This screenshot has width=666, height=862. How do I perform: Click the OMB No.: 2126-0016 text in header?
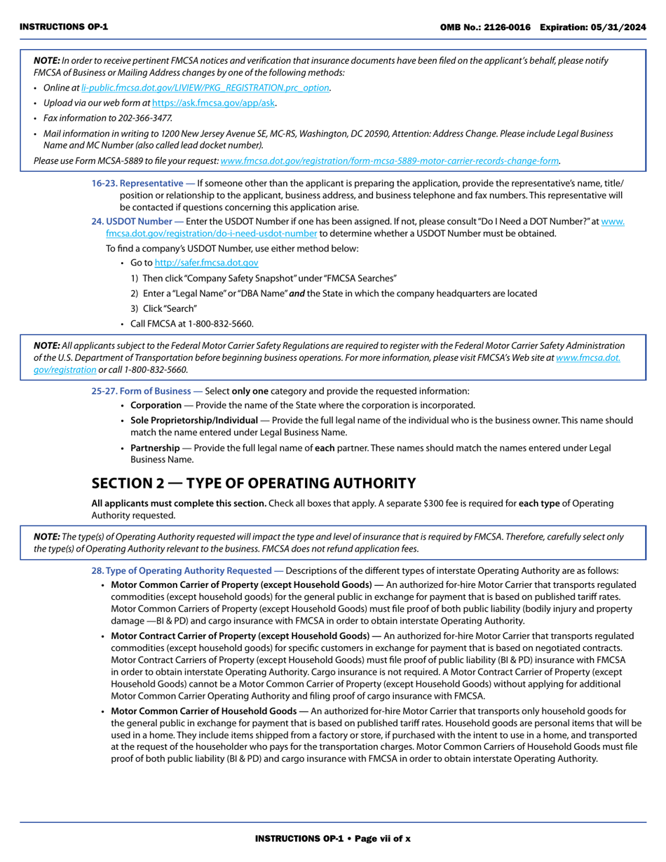485,27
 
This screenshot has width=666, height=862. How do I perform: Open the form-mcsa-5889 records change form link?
389,160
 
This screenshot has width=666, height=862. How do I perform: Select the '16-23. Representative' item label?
137,184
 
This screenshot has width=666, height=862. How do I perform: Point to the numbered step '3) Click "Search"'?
163,308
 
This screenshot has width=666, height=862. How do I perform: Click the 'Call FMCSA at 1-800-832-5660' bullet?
191,324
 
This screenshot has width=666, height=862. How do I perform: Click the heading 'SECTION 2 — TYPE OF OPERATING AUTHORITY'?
254,483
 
